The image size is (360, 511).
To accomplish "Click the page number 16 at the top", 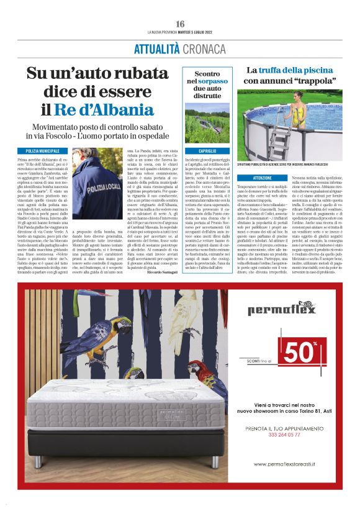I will tap(180, 24).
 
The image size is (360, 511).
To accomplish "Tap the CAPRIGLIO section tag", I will tap(208, 151).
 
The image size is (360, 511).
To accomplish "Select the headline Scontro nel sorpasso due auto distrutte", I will tap(208, 85).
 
